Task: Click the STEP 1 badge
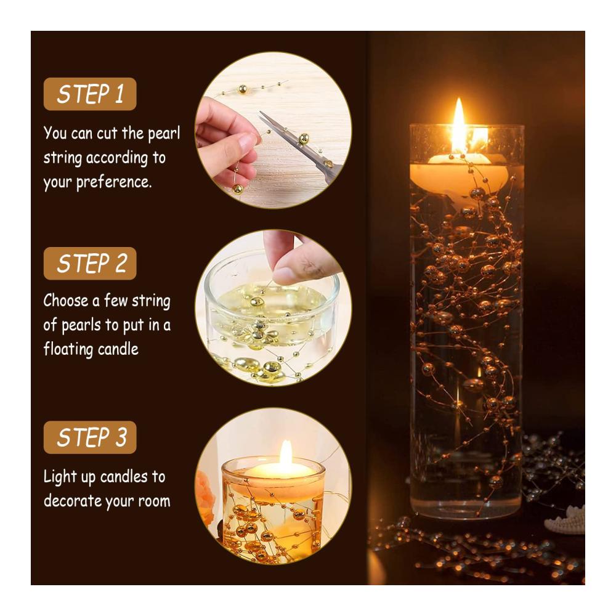(x=90, y=94)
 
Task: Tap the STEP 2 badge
(x=90, y=263)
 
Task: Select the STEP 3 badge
(x=90, y=437)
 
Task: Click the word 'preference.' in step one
(x=114, y=183)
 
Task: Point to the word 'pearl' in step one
(x=164, y=134)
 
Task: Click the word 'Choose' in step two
(x=66, y=301)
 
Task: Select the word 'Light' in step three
(x=60, y=477)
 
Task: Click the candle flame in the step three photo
(x=286, y=453)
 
